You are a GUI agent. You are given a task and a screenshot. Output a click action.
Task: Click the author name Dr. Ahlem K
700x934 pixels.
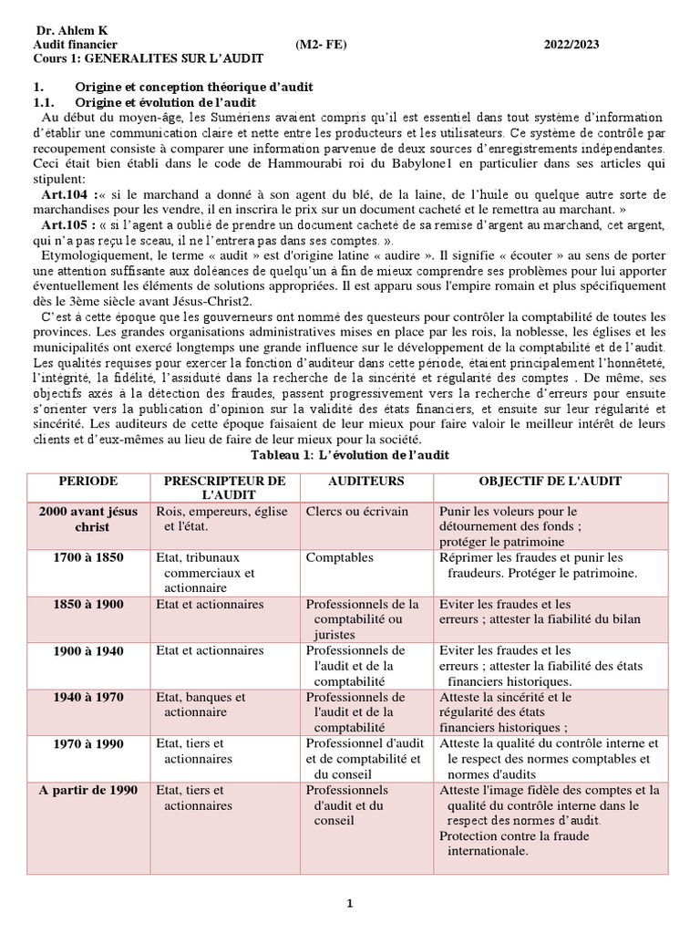pyautogui.click(x=71, y=29)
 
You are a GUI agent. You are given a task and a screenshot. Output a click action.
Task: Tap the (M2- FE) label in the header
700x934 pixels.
pyautogui.click(x=322, y=44)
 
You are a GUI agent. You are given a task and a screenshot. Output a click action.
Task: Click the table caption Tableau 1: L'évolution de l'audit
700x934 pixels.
pyautogui.click(x=349, y=454)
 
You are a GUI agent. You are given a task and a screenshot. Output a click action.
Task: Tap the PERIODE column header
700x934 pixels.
pyautogui.click(x=88, y=481)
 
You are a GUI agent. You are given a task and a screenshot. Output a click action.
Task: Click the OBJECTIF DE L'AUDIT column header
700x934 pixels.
pyautogui.click(x=551, y=481)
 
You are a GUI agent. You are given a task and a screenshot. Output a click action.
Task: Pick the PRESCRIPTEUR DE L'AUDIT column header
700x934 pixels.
pyautogui.click(x=224, y=487)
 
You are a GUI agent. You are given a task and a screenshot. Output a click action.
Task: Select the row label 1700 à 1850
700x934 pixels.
pyautogui.click(x=88, y=557)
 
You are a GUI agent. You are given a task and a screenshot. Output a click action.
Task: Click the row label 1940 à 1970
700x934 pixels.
pyautogui.click(x=88, y=697)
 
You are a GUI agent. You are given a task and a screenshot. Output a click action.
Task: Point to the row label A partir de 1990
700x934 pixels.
pyautogui.click(x=88, y=790)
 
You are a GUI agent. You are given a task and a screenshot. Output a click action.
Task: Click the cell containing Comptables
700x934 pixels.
pyautogui.click(x=340, y=557)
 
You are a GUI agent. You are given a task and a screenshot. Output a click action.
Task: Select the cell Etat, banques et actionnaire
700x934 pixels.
pyautogui.click(x=202, y=704)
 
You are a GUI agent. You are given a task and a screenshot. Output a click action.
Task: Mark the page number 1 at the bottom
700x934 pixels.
pyautogui.click(x=349, y=903)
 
